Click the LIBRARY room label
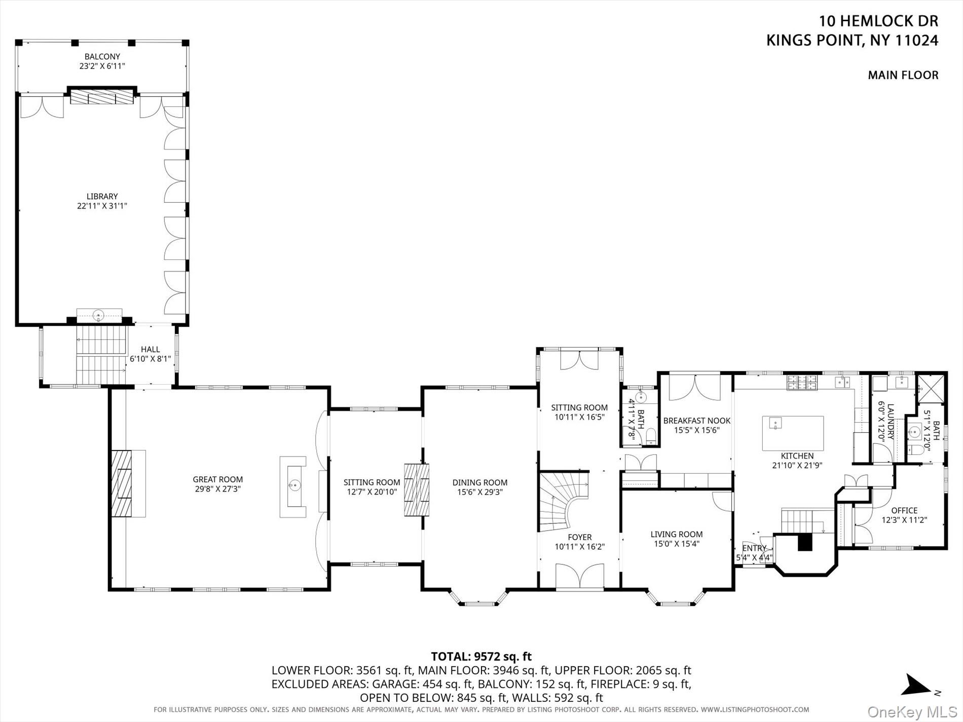pos(102,197)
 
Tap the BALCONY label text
pos(102,57)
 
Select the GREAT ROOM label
pos(217,479)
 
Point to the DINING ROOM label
pos(479,482)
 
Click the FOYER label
pos(579,537)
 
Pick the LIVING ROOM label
pos(677,534)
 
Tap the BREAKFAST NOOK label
pos(697,421)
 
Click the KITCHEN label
pos(797,456)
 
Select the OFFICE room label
pos(904,510)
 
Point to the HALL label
pos(150,350)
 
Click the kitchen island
pos(793,433)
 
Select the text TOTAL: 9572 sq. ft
pos(481,657)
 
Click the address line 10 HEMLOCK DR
pos(879,21)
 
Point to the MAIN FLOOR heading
pos(903,75)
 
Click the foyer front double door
pos(580,577)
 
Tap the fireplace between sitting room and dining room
pos(417,490)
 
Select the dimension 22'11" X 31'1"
pos(102,206)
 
